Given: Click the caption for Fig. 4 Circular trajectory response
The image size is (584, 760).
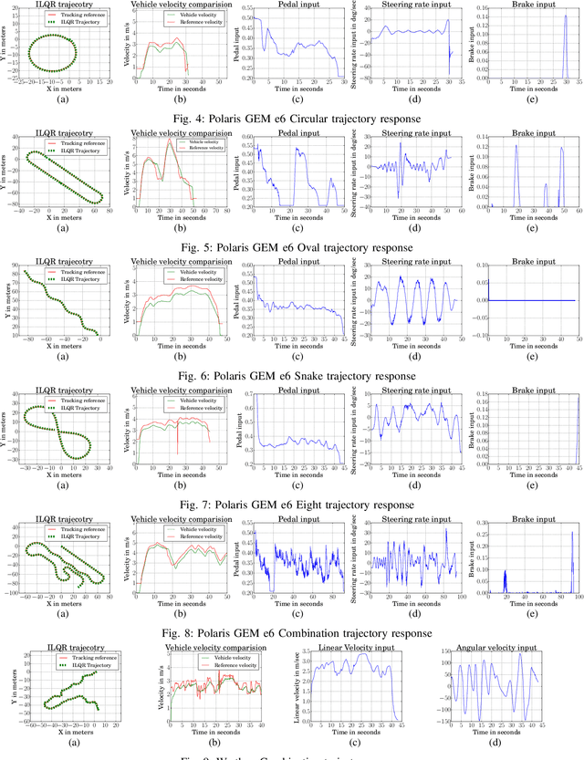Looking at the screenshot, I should (x=292, y=117).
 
